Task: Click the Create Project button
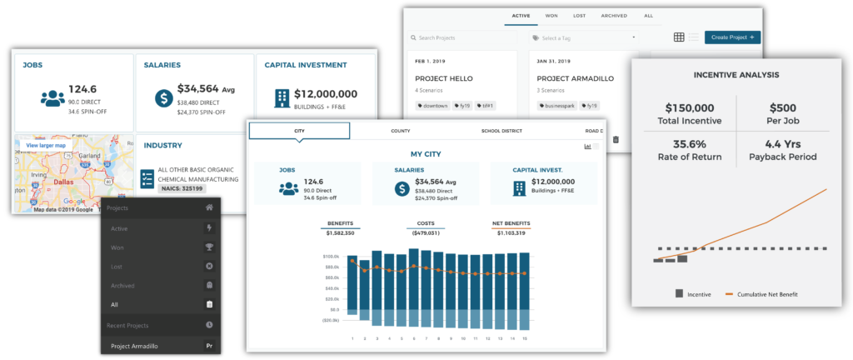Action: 732,37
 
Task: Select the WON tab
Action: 551,15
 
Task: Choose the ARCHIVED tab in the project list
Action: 615,15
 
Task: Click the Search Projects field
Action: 458,38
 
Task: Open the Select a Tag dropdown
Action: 583,38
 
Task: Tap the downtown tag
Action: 435,106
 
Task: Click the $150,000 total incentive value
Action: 691,107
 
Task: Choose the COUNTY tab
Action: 401,131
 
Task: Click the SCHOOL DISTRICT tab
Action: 501,131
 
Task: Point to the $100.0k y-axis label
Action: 332,257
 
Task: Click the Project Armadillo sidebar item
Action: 135,346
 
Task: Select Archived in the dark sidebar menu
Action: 123,285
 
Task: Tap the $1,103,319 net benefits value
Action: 510,232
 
